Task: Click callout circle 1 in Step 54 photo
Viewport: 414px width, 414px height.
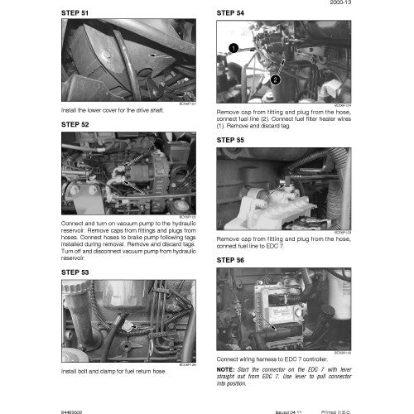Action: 234,51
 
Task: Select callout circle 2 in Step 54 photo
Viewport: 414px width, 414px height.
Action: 276,79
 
